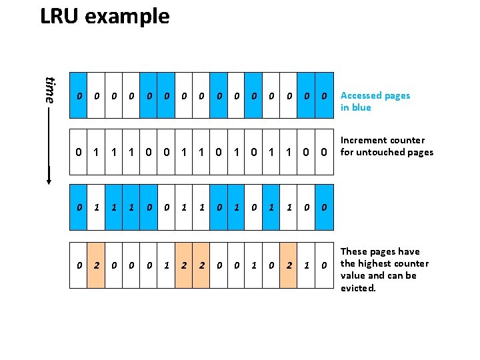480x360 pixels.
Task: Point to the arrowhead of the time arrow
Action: click(x=49, y=179)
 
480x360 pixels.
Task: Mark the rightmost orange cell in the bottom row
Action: click(x=288, y=265)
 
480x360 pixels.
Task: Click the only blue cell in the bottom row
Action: click(x=323, y=265)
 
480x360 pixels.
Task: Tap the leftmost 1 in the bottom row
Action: click(x=166, y=265)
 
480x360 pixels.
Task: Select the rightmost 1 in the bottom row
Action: click(x=306, y=265)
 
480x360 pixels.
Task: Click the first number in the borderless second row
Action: click(x=79, y=151)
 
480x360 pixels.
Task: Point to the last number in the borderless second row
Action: click(x=323, y=151)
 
